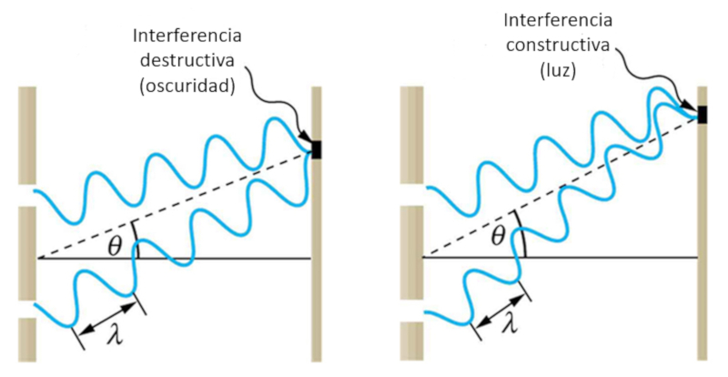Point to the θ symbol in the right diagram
(498, 239)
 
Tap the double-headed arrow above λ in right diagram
(500, 305)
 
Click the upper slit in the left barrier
(26, 196)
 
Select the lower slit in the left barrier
(26, 309)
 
